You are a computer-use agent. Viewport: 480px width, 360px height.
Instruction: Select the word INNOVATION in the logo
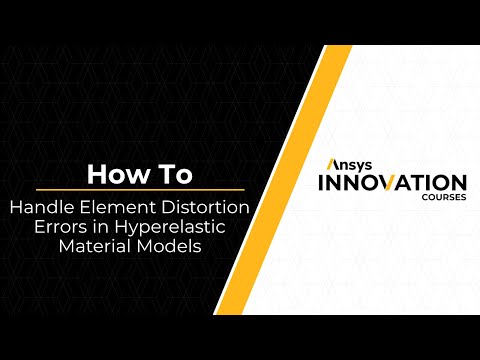390,184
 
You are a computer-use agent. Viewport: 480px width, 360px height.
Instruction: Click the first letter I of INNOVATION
320,184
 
